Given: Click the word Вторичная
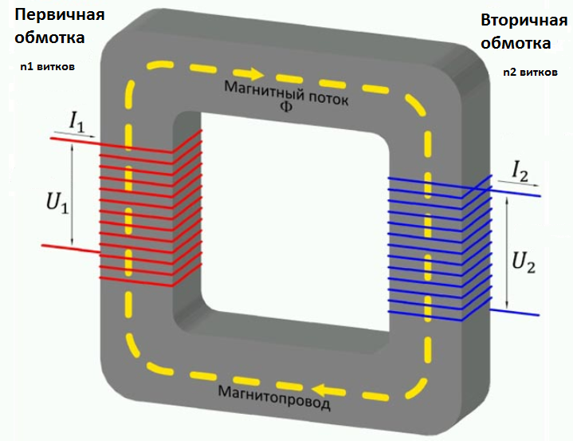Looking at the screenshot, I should click(x=518, y=19).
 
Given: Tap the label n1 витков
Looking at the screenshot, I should click(x=47, y=67).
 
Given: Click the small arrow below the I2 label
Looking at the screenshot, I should click(x=519, y=183).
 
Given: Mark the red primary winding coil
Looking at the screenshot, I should click(x=147, y=211).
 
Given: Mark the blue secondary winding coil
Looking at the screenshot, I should click(x=430, y=247).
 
